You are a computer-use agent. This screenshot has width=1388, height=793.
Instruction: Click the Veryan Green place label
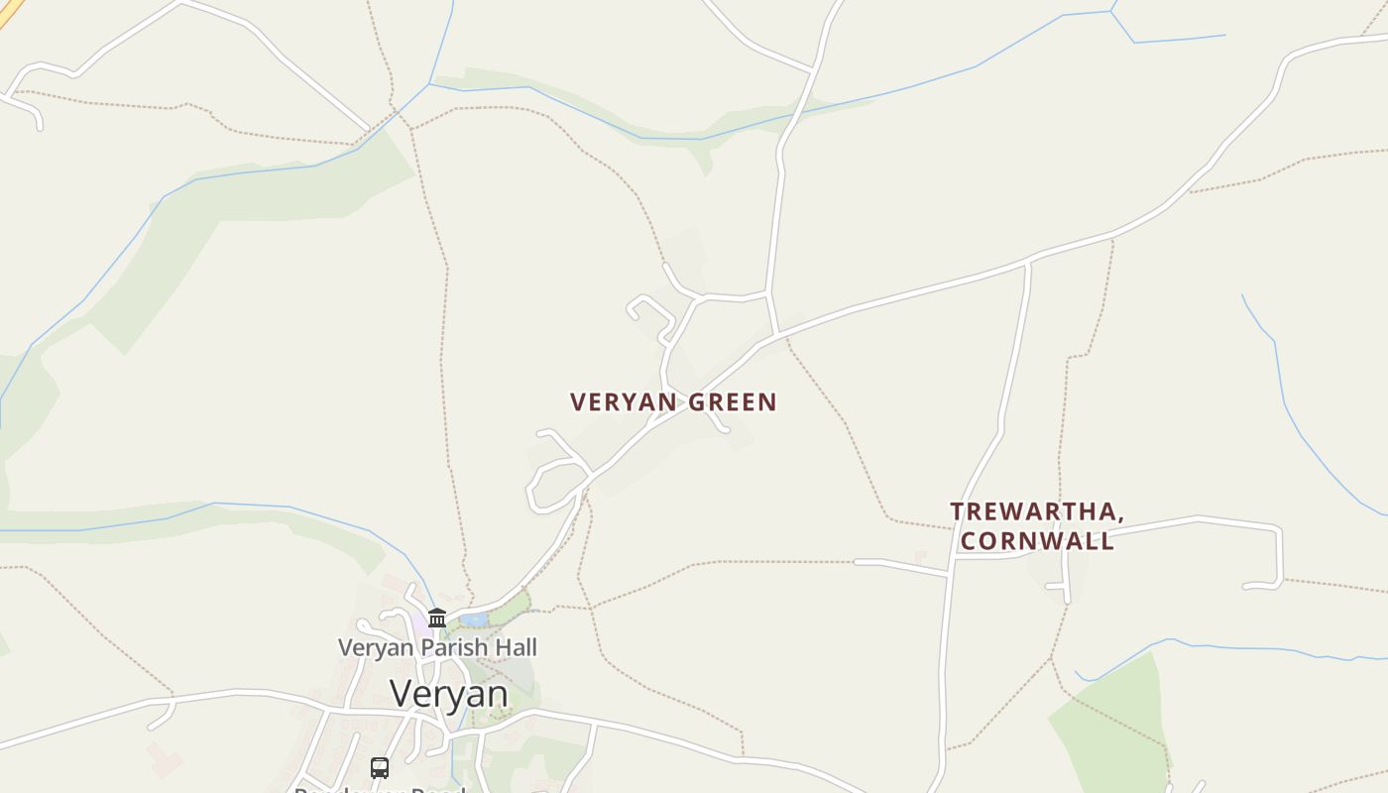pos(673,401)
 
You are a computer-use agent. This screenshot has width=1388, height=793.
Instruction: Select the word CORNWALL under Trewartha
pos(1037,541)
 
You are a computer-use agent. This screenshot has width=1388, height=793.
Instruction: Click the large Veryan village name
pos(449,694)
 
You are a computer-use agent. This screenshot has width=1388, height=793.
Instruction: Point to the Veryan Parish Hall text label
pos(437,647)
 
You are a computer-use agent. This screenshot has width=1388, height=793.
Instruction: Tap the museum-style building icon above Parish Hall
pos(437,619)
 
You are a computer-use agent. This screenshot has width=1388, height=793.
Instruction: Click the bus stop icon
pos(380,767)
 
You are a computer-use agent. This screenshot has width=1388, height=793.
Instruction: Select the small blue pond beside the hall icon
pos(473,621)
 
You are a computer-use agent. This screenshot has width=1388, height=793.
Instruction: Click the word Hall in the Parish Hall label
pos(516,647)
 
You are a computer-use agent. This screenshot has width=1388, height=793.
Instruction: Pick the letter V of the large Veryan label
pos(402,694)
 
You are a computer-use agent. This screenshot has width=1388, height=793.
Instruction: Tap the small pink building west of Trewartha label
pos(920,557)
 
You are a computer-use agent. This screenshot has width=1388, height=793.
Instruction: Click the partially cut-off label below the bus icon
pos(380,789)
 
